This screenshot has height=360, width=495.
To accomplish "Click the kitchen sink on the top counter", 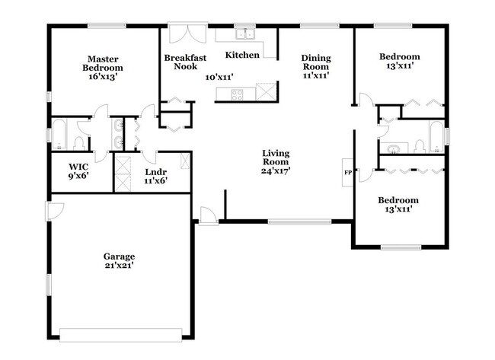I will (245, 33).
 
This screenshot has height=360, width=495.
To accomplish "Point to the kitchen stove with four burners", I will (237, 94).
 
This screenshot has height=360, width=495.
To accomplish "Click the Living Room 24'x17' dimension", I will (275, 170).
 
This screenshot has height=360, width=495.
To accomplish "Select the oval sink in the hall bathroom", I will (394, 148).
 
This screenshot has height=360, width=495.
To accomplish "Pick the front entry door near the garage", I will (205, 215).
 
